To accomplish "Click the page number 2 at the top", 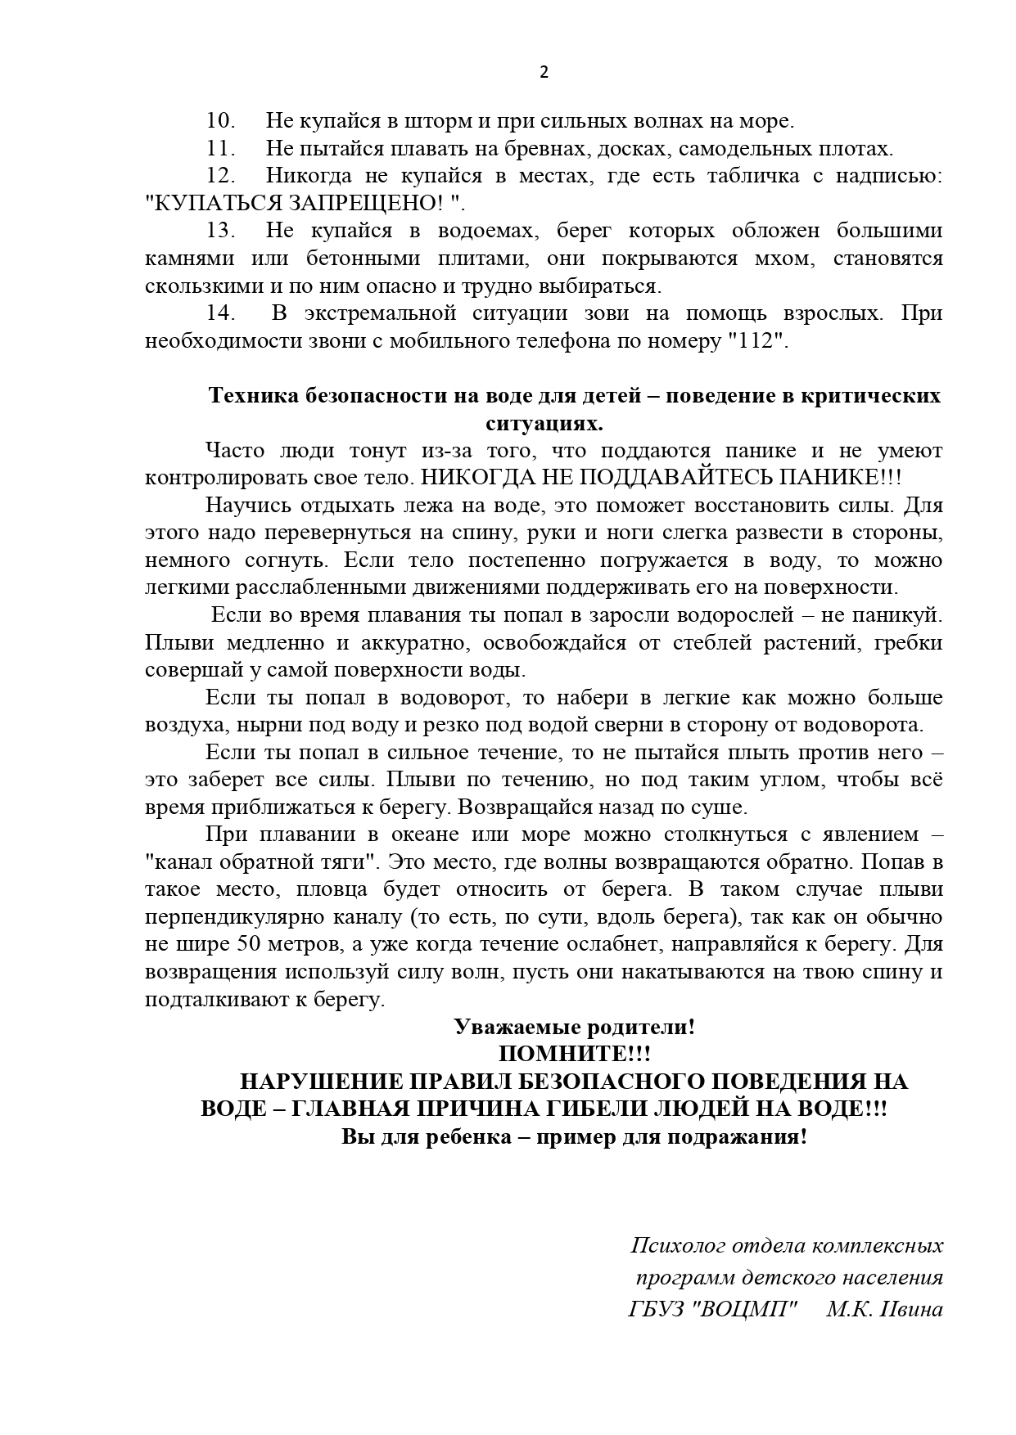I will (x=544, y=71).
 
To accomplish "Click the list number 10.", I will (x=220, y=121).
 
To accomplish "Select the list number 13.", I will (x=220, y=231).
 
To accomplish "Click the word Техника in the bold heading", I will (x=253, y=396).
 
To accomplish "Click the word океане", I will (x=436, y=834).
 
